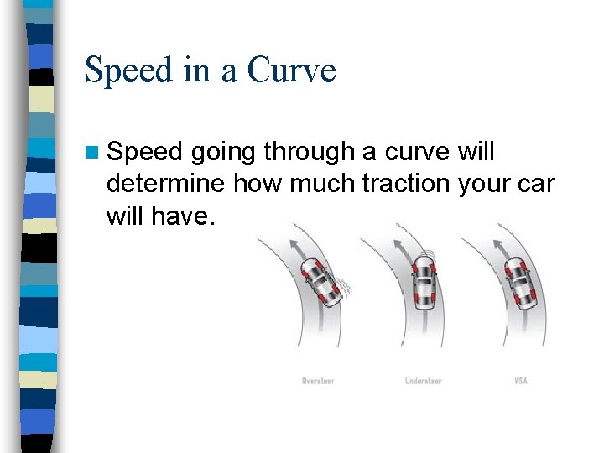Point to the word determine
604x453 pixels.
point(166,183)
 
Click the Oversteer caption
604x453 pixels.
point(318,381)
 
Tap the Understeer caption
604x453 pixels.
point(423,381)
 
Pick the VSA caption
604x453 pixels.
point(521,381)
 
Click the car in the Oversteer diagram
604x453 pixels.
point(320,281)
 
